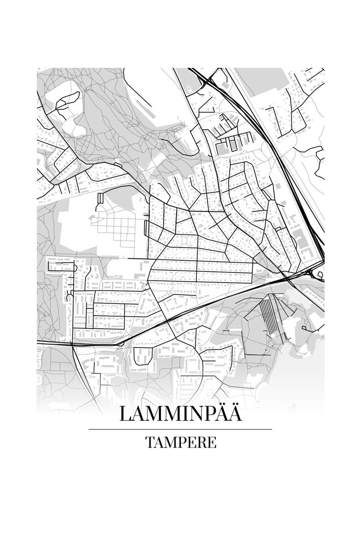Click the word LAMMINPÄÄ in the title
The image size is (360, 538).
(180, 414)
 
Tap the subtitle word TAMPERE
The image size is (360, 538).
(180, 442)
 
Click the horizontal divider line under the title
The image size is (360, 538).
(180, 429)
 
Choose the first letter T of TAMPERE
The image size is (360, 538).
(150, 442)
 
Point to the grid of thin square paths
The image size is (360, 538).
(118, 229)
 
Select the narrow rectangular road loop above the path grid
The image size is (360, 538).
(101, 198)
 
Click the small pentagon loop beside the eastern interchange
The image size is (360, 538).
(320, 274)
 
